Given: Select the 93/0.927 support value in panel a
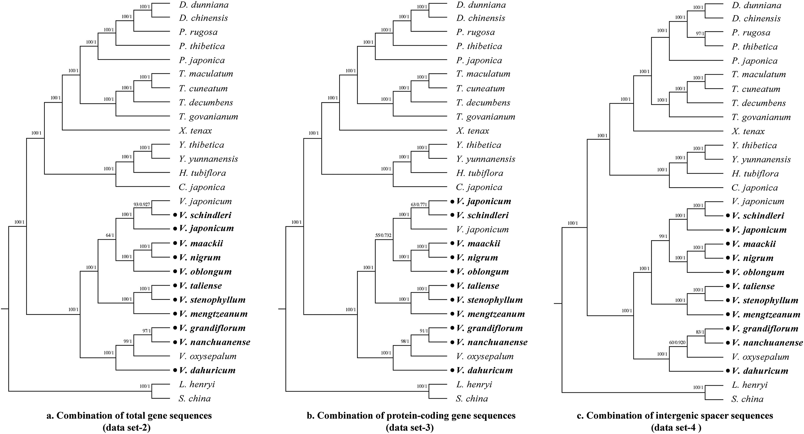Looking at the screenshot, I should coord(142,205).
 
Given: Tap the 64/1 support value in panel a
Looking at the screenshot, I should coord(110,235).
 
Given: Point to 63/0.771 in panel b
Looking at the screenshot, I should coord(419,205).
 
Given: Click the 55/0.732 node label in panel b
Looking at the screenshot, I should coord(383,235).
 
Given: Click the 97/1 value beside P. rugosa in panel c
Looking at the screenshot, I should coord(700,33).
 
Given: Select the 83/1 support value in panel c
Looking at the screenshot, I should coord(700,332).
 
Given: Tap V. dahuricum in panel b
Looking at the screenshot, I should coord(484,370).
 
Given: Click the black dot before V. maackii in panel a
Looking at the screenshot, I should coord(175,243).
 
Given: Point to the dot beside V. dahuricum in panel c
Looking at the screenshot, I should coord(728,371).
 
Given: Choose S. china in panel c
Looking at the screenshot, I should coord(747,399).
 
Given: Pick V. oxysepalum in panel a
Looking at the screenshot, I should coord(207,356).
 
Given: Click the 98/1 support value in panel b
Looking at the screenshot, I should coord(405,342).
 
